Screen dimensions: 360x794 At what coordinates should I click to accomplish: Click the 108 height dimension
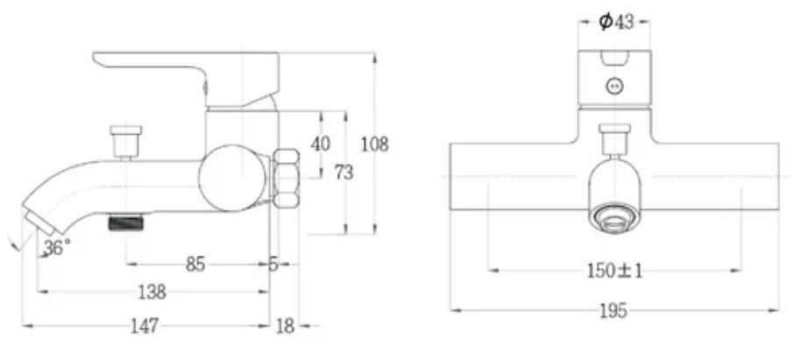point(374,144)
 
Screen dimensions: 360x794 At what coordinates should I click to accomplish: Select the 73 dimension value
point(344,173)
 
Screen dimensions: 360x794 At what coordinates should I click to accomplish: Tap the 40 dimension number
point(321,144)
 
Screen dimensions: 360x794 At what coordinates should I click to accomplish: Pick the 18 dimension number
point(286,326)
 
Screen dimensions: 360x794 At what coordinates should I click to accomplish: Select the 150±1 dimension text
point(614,271)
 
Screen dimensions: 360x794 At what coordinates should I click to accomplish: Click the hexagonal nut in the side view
point(287,179)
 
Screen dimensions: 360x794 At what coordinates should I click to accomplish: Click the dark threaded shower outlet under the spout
point(124,223)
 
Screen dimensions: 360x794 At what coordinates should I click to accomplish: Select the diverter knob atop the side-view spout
point(127,141)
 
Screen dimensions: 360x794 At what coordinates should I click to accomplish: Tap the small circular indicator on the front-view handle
point(615,86)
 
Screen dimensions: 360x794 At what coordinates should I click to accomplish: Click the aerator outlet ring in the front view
point(614,216)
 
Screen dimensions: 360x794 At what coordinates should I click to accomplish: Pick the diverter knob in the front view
point(614,138)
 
